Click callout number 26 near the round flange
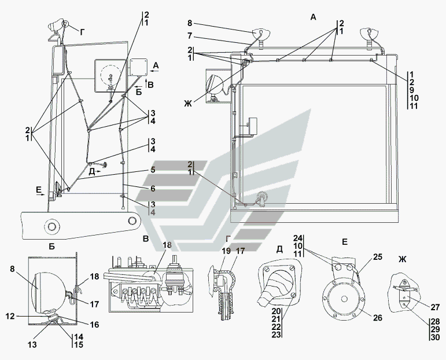[x=377, y=318]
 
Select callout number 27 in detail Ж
[x=435, y=307]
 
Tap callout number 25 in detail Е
[x=377, y=257]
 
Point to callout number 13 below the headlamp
[x=32, y=344]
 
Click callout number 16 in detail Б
[x=94, y=325]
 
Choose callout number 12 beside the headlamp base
[x=10, y=316]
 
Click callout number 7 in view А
[x=190, y=36]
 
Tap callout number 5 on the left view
[x=153, y=170]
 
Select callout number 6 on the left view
[x=153, y=189]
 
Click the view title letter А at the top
[x=313, y=17]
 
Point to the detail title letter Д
[x=279, y=249]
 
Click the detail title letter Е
[x=344, y=242]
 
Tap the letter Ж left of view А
[x=187, y=104]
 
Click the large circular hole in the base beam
[x=51, y=226]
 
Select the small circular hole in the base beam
[x=132, y=221]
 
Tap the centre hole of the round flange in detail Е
[x=344, y=299]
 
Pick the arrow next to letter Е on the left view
[x=41, y=194]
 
